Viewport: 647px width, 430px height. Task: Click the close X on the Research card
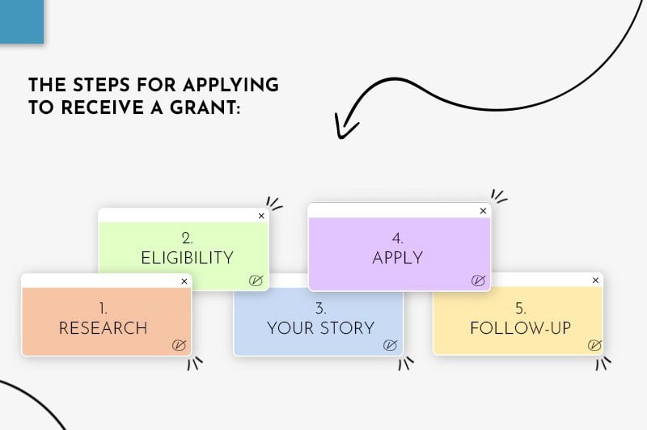click(x=184, y=281)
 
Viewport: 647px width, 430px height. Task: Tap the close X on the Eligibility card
click(x=261, y=216)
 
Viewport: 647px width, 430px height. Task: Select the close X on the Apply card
click(x=484, y=211)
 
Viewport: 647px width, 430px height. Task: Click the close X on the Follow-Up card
click(x=596, y=280)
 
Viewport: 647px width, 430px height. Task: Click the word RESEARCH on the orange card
click(x=103, y=328)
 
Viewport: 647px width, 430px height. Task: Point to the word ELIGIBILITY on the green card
click(x=187, y=258)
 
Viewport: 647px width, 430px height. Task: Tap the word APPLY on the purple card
click(x=398, y=258)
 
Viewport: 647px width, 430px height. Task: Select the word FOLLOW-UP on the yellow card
click(x=521, y=328)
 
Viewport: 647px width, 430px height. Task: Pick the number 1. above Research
click(x=103, y=307)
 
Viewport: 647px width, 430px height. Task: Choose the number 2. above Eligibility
click(x=187, y=238)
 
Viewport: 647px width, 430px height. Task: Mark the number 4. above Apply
click(x=398, y=238)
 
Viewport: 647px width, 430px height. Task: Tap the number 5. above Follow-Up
click(x=521, y=307)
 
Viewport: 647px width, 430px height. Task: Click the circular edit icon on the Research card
click(x=180, y=345)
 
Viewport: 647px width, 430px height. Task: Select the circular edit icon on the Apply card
click(x=478, y=280)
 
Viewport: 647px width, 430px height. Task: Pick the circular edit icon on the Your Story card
click(x=390, y=345)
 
